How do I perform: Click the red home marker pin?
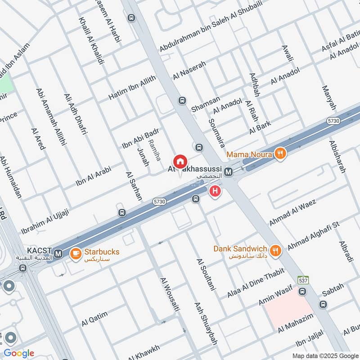click(180, 161)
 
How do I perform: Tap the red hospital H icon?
click(216, 191)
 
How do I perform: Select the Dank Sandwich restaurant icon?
click(275, 250)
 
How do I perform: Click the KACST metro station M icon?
click(58, 255)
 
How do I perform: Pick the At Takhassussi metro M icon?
click(229, 171)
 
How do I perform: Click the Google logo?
click(19, 353)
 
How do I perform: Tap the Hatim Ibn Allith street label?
click(132, 88)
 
